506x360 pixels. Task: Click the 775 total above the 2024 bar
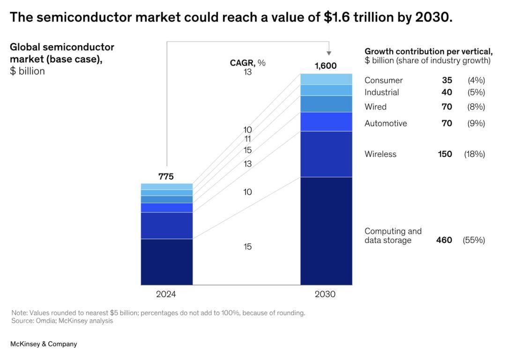tap(166, 176)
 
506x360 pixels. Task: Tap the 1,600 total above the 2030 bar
tap(325, 66)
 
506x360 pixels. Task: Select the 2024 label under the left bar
tap(166, 294)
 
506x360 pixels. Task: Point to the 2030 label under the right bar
tap(325, 294)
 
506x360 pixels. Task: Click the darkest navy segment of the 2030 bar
tap(326, 230)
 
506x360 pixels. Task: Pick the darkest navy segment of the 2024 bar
tap(167, 262)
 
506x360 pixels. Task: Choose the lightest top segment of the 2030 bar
tap(326, 79)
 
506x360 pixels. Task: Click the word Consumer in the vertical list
tap(383, 81)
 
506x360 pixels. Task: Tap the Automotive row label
tap(386, 124)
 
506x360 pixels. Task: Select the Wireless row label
tap(380, 154)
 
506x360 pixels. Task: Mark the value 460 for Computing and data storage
tap(444, 240)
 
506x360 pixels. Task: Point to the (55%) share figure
tap(474, 240)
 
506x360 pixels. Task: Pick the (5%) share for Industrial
tap(476, 93)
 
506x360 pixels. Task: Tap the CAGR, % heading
tap(247, 63)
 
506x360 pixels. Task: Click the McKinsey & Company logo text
tap(44, 344)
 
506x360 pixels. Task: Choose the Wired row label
tap(375, 107)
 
